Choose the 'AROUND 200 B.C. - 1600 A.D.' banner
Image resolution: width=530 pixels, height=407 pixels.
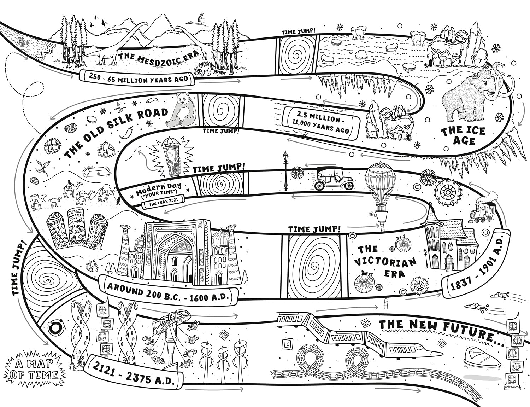pos(168,294)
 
